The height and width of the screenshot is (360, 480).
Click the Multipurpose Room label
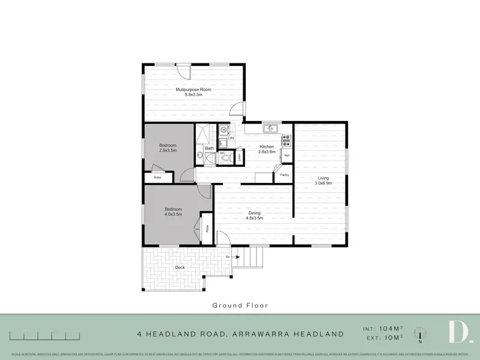193,90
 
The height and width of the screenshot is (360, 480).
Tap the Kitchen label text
266,146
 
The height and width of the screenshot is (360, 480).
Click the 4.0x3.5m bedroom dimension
173,214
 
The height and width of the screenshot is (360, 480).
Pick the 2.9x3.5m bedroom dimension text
168,150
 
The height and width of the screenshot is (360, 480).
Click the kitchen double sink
270,128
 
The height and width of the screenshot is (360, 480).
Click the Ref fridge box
287,155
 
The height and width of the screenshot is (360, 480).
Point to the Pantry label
284,174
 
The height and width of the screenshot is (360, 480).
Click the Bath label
209,148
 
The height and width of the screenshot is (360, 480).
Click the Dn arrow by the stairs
228,257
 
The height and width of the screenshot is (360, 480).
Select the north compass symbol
419,333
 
